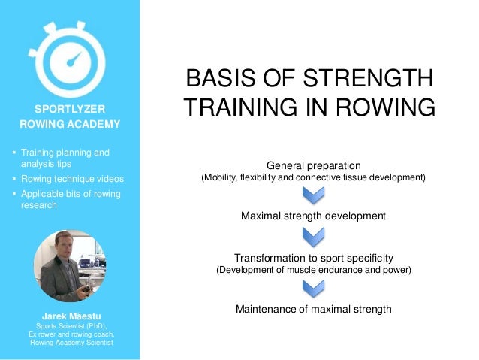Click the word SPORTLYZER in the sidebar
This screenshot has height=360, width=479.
pos(69,108)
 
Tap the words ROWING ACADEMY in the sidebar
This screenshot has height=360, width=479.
pos(69,124)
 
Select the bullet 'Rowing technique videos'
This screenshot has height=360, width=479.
pos(72,179)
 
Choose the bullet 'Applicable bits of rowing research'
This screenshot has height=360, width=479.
pos(69,199)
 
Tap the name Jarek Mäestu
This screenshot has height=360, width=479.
pos(69,315)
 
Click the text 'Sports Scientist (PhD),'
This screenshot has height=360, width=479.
pos(69,325)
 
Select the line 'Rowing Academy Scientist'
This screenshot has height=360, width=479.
pos(69,343)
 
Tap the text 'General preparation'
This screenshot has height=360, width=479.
pos(313,165)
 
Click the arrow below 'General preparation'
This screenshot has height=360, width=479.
pos(313,195)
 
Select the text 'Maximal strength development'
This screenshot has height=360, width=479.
pos(313,216)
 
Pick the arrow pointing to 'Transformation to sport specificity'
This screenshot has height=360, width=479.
pos(313,237)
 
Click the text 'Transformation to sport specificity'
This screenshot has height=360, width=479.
pos(313,257)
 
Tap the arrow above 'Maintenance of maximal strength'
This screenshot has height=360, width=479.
pos(313,289)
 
